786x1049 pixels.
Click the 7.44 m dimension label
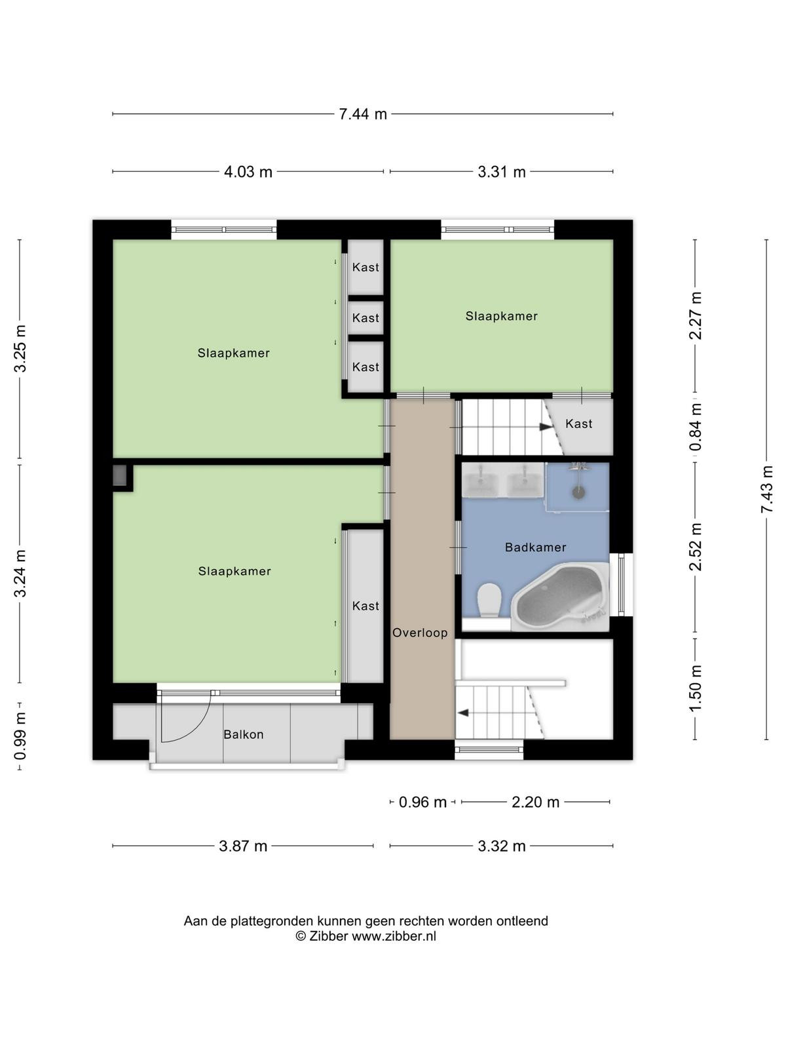[363, 114]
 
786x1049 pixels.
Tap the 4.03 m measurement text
[248, 172]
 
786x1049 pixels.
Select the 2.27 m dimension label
[696, 315]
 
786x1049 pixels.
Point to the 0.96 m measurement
[422, 802]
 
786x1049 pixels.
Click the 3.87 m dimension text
[243, 846]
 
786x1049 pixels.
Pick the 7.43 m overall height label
[766, 489]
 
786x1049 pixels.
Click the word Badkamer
[535, 547]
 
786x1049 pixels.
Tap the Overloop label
[420, 633]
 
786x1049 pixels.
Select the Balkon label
[244, 734]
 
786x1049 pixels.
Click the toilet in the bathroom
[489, 599]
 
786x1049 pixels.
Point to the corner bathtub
[561, 597]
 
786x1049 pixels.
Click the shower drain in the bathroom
[578, 493]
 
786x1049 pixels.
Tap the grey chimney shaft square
[120, 475]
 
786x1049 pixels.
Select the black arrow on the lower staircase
[463, 713]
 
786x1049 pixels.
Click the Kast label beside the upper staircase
[578, 424]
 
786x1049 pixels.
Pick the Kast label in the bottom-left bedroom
[365, 606]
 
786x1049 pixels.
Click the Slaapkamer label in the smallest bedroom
[502, 316]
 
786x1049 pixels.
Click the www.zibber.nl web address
[394, 936]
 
